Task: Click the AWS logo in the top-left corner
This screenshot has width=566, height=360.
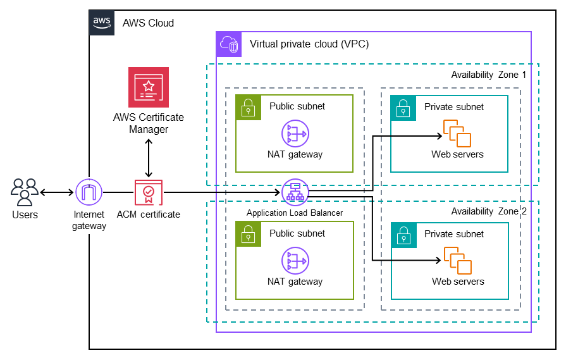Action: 102,22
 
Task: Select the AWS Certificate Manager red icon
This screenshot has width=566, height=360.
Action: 149,87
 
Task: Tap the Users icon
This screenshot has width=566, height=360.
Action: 25,192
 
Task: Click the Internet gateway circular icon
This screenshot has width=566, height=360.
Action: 89,192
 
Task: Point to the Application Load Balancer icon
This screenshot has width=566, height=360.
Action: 295,192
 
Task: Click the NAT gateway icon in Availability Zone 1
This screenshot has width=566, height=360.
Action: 295,133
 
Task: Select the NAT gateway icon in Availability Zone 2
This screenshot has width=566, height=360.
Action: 295,261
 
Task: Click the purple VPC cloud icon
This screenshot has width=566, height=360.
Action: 228,44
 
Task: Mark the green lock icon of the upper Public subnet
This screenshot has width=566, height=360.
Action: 248,107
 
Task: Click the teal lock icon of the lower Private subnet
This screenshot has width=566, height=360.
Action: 403,235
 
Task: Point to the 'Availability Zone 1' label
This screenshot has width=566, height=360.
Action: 488,75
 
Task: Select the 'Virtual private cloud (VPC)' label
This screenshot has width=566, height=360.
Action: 309,44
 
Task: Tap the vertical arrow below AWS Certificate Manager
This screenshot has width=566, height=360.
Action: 149,158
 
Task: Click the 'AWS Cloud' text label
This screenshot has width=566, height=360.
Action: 148,23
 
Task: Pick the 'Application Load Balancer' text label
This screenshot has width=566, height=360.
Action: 295,213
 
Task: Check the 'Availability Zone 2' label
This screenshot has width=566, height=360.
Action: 488,211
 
